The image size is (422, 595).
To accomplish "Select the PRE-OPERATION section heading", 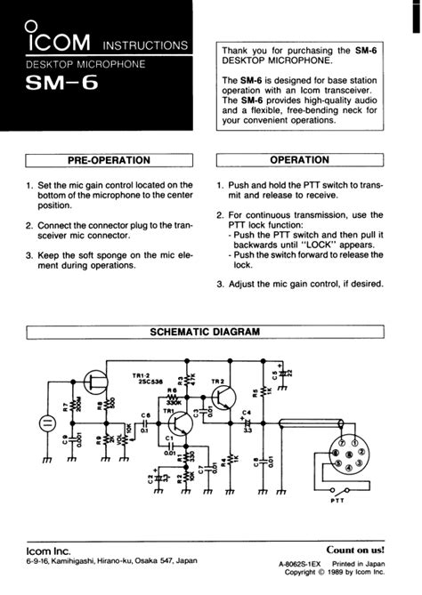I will click(x=110, y=161).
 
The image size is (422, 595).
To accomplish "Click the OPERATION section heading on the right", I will click(x=299, y=161).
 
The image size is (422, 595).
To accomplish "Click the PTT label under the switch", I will click(x=337, y=501).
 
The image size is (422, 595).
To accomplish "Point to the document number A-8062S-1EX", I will click(x=303, y=564).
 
